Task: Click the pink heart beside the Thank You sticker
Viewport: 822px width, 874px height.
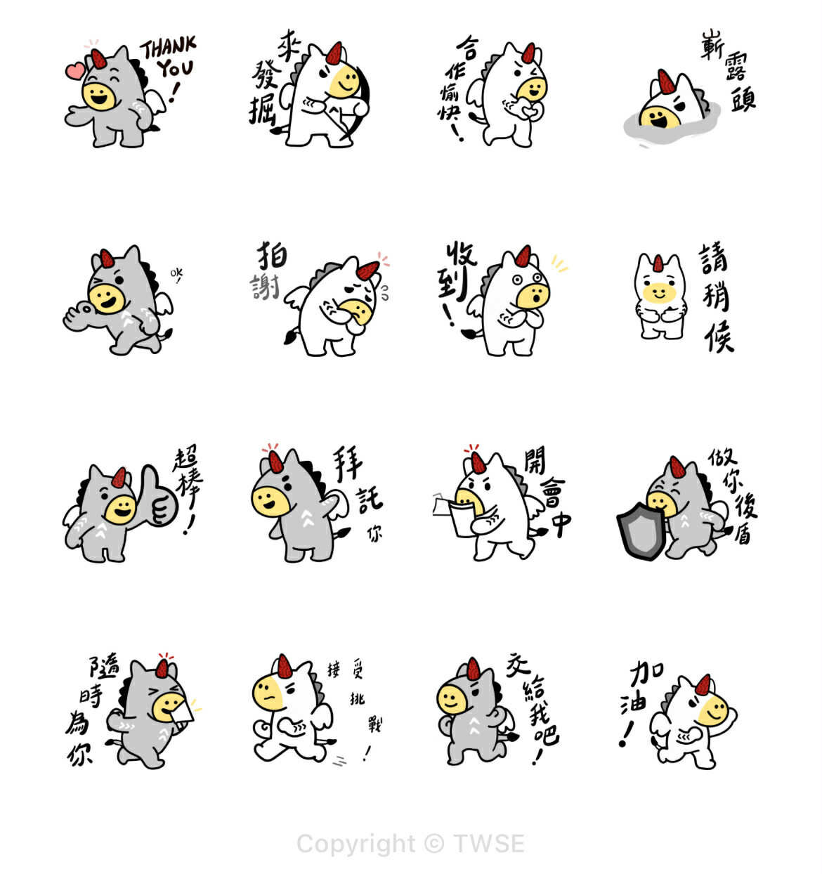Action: (74, 70)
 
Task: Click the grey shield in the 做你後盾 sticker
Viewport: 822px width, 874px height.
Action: (640, 531)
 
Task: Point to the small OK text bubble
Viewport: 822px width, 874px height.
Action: (176, 273)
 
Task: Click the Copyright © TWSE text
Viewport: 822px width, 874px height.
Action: (410, 843)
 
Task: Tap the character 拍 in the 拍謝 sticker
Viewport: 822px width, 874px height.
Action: (271, 256)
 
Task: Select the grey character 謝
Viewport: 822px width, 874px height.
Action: (266, 287)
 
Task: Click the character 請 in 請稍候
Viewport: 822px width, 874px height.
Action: (714, 259)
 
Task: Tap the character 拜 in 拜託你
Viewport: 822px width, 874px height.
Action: (348, 464)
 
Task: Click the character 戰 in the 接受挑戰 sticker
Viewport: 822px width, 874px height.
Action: (376, 724)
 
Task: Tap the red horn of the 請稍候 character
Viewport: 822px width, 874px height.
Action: (658, 263)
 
